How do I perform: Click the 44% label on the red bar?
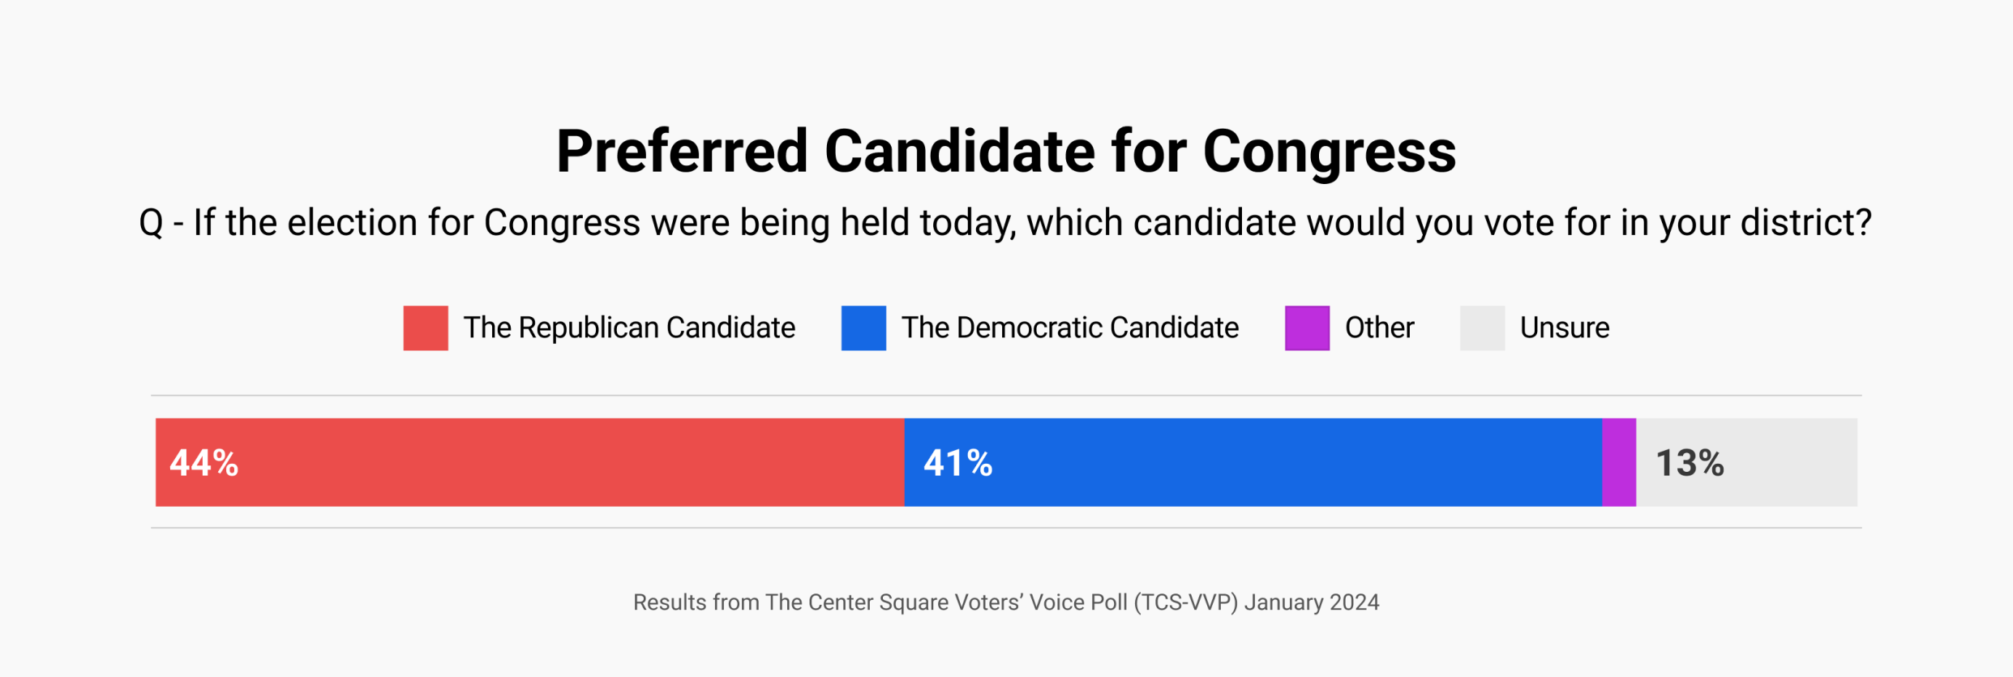point(203,463)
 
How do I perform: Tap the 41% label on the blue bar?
point(957,463)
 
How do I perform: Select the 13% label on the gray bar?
point(1690,463)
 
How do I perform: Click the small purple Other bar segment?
point(1619,463)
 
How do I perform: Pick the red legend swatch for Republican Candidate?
point(426,328)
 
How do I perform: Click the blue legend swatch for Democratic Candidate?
point(863,328)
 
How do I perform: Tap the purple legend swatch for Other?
point(1307,328)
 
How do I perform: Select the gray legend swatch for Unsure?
point(1482,328)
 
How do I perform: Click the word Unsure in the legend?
point(1565,328)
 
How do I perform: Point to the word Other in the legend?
point(1379,328)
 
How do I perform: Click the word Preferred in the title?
point(682,152)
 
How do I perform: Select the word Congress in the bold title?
point(1329,152)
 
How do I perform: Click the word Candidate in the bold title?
point(959,152)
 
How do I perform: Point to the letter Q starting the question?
point(151,223)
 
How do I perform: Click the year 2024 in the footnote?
point(1354,602)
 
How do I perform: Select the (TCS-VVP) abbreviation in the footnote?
point(1185,602)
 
